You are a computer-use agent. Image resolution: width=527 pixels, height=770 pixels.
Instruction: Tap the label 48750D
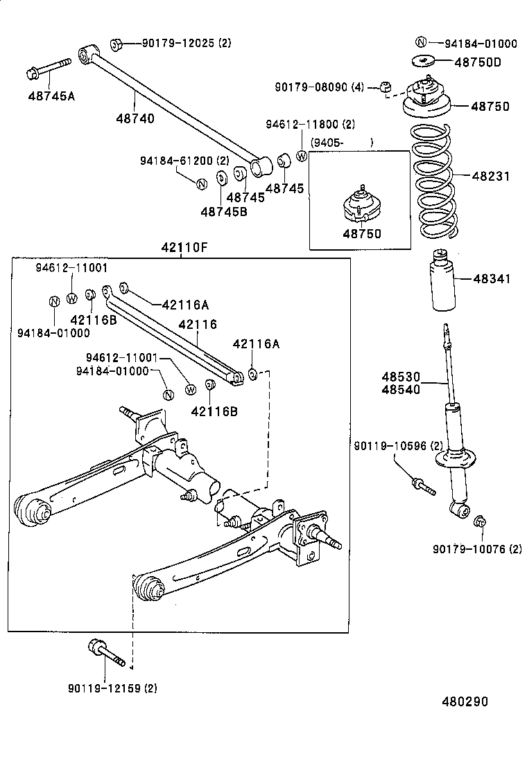coord(477,62)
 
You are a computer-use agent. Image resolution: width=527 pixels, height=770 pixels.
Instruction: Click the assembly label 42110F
coord(181,247)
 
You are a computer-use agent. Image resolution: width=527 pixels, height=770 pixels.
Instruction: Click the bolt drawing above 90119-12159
coord(106,653)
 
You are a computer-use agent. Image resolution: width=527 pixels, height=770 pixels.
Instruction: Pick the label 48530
coord(400,377)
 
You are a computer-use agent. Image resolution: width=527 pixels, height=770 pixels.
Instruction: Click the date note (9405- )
coord(342,142)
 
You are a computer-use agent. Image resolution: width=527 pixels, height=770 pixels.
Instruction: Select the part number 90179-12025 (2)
coord(186,44)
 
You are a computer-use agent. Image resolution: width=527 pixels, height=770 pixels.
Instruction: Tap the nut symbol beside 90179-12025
coord(117,44)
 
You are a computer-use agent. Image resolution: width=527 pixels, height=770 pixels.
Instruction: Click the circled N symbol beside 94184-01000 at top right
coord(422,43)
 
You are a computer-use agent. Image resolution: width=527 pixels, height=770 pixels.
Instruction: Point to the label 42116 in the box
coord(198,324)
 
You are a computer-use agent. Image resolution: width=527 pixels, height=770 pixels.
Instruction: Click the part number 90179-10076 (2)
coord(477,549)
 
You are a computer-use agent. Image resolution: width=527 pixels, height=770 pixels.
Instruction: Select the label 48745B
coord(223,211)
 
